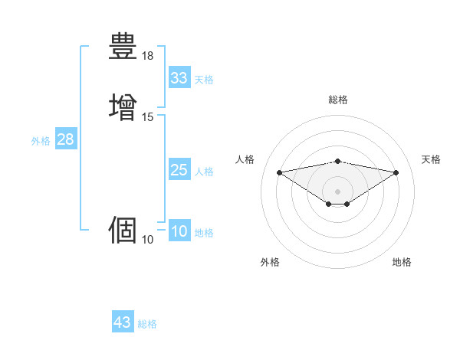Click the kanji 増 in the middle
point(123,106)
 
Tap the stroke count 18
point(148,56)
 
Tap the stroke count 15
point(148,117)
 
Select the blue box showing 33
point(179,78)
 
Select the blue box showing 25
point(179,170)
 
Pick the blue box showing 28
point(65,140)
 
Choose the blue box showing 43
point(123,322)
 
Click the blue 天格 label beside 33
point(204,80)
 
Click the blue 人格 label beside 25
point(204,172)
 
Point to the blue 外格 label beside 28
point(41,141)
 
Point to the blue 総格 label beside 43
point(147,324)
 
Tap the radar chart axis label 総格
point(338,100)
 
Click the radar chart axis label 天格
point(432,159)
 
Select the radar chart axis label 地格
point(402,262)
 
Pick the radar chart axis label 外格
point(270,262)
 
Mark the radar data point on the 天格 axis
point(396,172)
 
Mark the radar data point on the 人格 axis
point(279,172)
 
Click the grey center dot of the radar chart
point(338,191)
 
